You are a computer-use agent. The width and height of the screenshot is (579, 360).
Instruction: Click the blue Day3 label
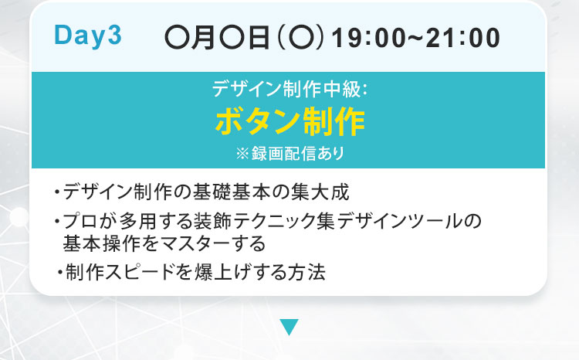pyautogui.click(x=87, y=36)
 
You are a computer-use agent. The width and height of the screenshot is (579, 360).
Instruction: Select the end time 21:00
pyautogui.click(x=463, y=38)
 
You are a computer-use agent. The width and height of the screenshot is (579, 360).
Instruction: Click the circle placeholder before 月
pyautogui.click(x=177, y=38)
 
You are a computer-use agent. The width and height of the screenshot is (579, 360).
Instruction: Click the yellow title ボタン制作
pyautogui.click(x=289, y=121)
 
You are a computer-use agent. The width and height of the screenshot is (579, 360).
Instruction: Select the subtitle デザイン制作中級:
pyautogui.click(x=289, y=89)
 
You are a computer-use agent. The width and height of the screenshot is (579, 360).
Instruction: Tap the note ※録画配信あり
pyautogui.click(x=289, y=153)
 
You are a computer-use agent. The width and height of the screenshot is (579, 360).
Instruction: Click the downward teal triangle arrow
pyautogui.click(x=289, y=327)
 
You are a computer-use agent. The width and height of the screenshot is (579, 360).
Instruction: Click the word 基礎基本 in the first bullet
pyautogui.click(x=231, y=192)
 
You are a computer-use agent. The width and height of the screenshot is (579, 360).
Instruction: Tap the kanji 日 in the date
pyautogui.click(x=258, y=38)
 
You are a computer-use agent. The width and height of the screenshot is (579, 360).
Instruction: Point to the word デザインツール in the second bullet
pyautogui.click(x=400, y=221)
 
